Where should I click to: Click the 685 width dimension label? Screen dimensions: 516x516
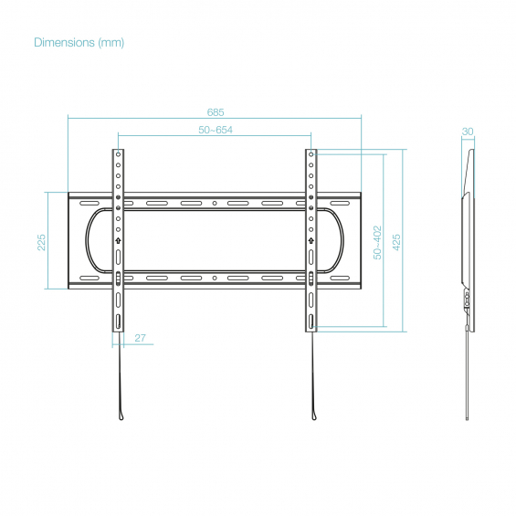pos(216,112)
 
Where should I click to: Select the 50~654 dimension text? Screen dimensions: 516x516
pos(216,130)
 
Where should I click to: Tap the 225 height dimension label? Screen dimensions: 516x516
pos(41,243)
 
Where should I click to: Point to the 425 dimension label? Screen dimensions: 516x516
pos(396,243)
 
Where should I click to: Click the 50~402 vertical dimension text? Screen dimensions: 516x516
pos(377,243)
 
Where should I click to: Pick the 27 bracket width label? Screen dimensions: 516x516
pos(141,338)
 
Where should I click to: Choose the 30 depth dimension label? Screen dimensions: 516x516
pos(468,132)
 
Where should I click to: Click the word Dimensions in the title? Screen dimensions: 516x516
pos(64,42)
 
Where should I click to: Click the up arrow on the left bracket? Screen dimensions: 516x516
pos(118,241)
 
